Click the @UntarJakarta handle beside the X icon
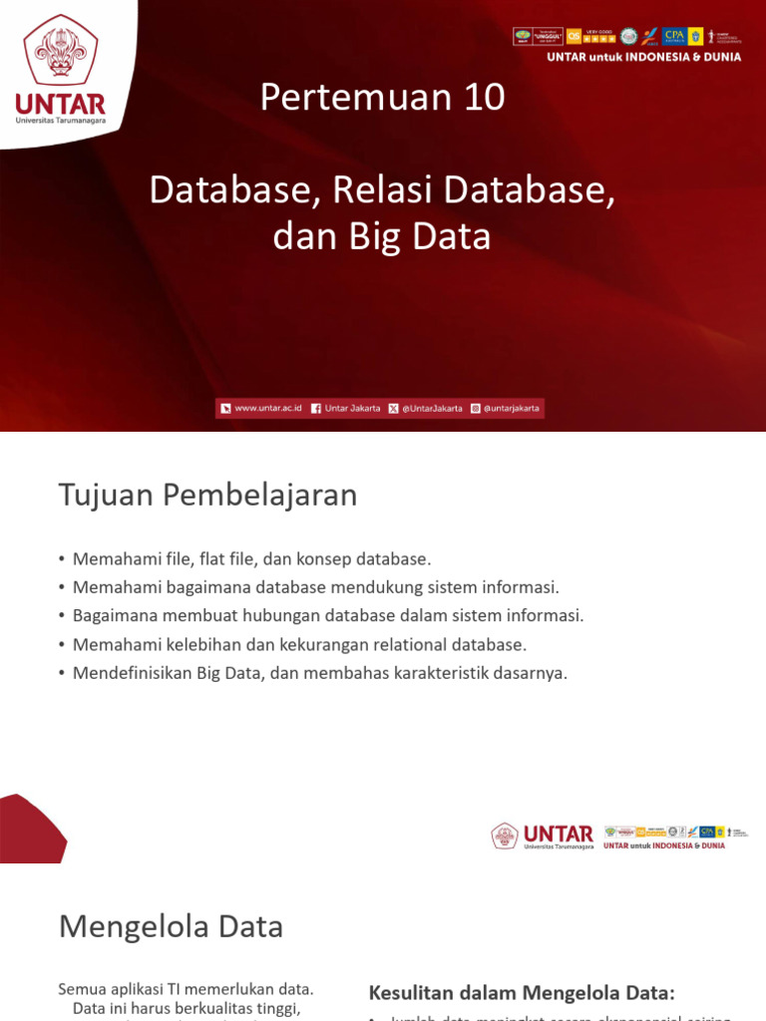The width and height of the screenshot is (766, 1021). [x=432, y=409]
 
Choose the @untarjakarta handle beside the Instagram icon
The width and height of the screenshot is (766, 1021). [x=511, y=409]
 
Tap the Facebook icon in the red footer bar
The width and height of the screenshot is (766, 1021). [x=316, y=409]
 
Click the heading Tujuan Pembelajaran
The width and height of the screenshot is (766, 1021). [x=207, y=495]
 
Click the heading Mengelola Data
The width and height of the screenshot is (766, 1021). [x=171, y=926]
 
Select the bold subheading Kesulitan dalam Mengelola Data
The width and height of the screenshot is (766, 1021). [x=522, y=992]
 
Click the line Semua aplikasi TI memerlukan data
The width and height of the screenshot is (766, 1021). [x=187, y=989]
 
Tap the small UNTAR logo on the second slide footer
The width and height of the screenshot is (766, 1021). [x=544, y=836]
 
